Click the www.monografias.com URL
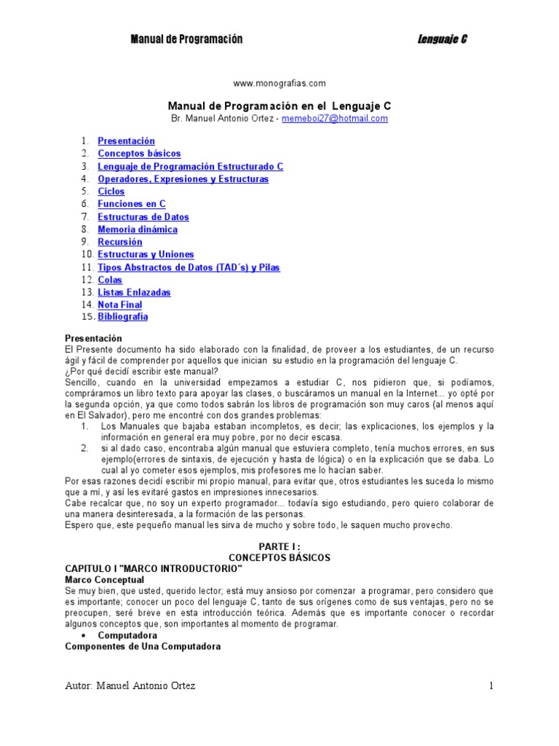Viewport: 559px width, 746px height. (279, 83)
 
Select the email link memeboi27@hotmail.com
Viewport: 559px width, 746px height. (335, 118)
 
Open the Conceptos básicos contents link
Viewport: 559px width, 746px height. (139, 154)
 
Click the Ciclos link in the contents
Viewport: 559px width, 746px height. (111, 192)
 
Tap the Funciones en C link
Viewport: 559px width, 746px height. (132, 204)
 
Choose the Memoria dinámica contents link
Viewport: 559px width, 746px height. (138, 229)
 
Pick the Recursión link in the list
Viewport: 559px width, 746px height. (120, 242)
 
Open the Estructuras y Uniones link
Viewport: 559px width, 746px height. (146, 254)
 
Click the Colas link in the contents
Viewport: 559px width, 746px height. (110, 280)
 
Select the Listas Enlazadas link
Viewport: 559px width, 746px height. (134, 292)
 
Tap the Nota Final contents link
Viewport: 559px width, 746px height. (119, 305)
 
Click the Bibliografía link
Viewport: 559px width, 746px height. (122, 317)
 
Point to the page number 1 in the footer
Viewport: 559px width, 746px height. (492, 686)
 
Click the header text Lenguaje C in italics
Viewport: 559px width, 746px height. (442, 39)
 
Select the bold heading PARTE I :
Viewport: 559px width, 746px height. (279, 546)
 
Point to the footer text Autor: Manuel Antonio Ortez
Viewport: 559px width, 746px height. (130, 686)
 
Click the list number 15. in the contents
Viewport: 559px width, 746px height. (87, 317)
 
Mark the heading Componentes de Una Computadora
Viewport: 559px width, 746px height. (143, 646)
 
